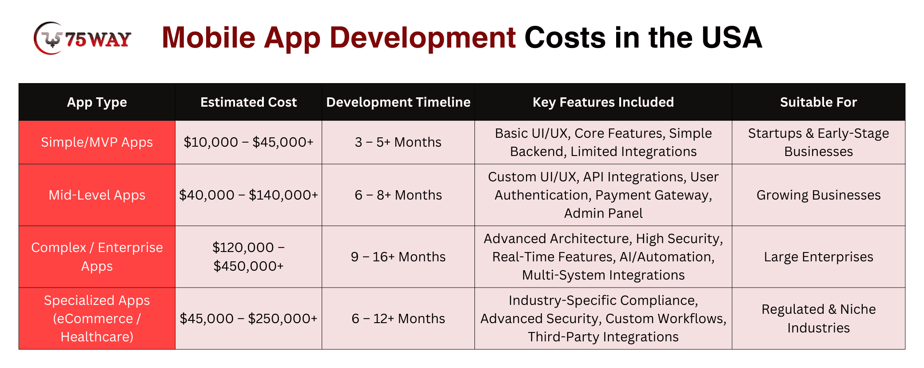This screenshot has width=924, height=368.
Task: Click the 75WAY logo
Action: [83, 38]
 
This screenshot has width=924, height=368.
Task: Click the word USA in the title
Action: [732, 37]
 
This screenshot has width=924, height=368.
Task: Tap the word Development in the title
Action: [422, 38]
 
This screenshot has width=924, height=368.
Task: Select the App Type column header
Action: [97, 102]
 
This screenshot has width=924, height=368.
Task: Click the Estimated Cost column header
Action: [248, 102]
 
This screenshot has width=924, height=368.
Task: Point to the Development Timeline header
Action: [398, 102]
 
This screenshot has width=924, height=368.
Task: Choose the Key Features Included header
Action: [603, 102]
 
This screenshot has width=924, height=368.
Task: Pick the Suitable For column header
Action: [818, 102]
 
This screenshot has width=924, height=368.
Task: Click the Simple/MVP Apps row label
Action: [97, 142]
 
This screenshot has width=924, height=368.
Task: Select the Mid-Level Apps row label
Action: [97, 195]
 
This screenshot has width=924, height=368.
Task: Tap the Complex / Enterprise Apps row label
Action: [97, 257]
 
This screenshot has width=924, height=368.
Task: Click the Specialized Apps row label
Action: [97, 319]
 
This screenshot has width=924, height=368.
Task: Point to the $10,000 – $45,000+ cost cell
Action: [248, 142]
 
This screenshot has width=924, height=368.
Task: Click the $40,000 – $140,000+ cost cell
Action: [248, 195]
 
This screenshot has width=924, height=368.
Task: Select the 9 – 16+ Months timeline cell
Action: [398, 257]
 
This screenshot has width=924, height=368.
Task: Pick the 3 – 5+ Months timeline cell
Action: [398, 142]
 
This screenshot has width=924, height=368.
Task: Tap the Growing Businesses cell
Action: [818, 195]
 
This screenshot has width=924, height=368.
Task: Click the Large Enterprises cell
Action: [818, 257]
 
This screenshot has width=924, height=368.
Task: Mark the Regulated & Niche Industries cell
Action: [818, 319]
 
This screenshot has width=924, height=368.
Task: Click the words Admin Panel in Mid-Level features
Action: [603, 213]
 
